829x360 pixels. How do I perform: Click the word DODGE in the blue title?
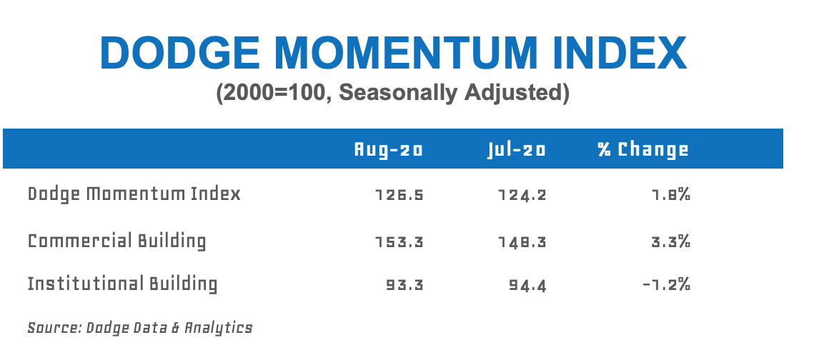pos(181,53)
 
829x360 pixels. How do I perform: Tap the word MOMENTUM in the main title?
pos(406,53)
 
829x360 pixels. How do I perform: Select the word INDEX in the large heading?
pos(619,53)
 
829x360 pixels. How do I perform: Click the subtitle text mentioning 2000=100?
pos(392,93)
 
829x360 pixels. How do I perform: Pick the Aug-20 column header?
pos(389,149)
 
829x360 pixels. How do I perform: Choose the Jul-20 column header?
pos(517,149)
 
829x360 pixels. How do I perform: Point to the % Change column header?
pos(643,150)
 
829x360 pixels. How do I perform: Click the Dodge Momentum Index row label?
pos(134,194)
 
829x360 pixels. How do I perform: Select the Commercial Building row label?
pos(116,241)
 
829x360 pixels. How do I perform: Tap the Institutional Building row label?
pos(122,284)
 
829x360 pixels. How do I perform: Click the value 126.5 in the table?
pos(399,196)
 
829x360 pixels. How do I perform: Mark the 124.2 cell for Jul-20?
pos(522,196)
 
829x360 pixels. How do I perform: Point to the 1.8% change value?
pos(670,195)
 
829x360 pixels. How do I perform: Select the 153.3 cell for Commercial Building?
pos(399,243)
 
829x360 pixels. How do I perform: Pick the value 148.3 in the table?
pos(522,243)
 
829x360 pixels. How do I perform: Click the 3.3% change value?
pos(670,242)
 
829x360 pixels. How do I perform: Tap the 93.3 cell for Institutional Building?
pos(404,286)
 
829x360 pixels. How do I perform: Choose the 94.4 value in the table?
pos(527,286)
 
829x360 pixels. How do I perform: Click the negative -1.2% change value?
pos(667,286)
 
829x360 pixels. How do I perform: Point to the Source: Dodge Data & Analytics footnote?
pos(140,328)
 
